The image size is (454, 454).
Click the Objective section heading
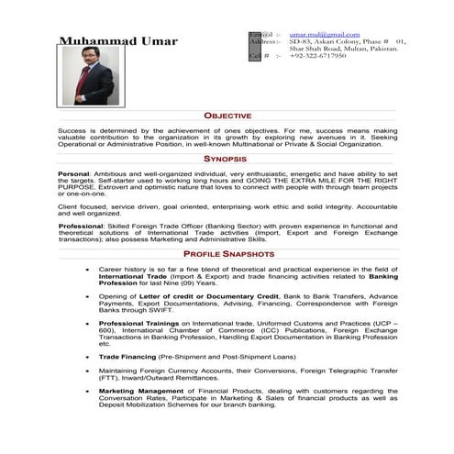(227, 117)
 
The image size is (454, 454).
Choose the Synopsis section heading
(226, 159)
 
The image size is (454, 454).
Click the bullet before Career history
(84, 269)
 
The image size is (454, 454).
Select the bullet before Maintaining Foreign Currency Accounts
(84, 370)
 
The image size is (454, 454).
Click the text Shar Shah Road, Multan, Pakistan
(345, 49)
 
